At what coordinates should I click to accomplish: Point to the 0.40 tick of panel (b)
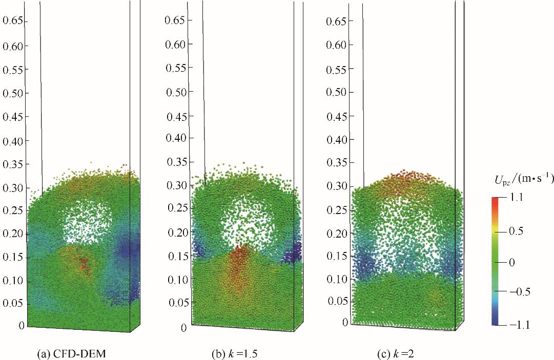tap(175, 138)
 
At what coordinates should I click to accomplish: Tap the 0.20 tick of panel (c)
tap(337, 233)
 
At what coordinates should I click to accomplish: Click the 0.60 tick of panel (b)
tap(175, 45)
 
